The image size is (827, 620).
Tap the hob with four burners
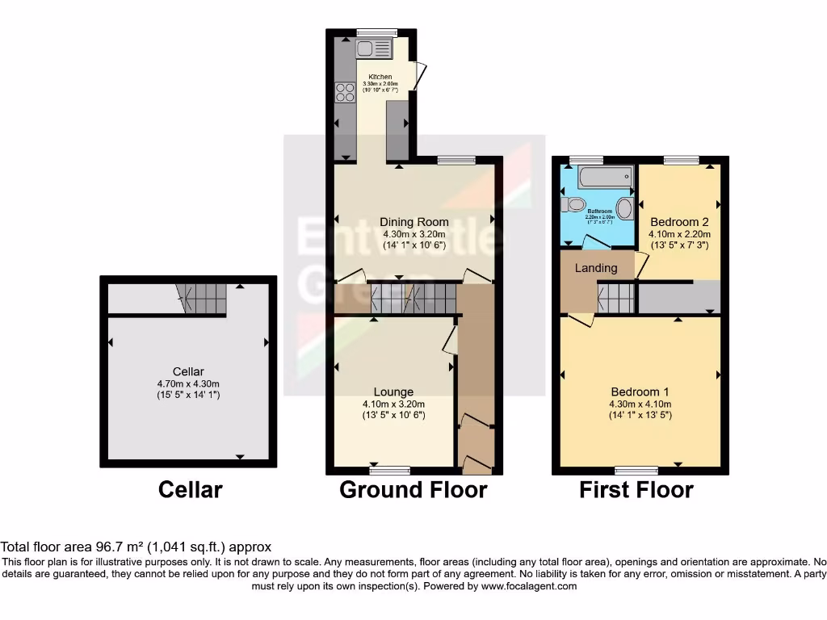pos(346,93)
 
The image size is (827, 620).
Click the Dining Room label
pos(415,222)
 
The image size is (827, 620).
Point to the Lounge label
pos(393,392)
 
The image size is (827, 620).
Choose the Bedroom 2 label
pos(679,222)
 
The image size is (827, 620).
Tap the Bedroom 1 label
pos(640,392)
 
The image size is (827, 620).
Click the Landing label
pos(596,268)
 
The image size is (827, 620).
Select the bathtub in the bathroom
pos(598,177)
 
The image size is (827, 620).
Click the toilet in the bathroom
pos(574,205)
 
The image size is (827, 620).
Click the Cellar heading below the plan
pos(190,489)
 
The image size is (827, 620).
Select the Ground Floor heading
pos(413,489)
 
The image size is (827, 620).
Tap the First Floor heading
pos(636,489)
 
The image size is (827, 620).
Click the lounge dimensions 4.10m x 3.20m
pos(393,404)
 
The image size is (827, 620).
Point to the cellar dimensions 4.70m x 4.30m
pos(187,383)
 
